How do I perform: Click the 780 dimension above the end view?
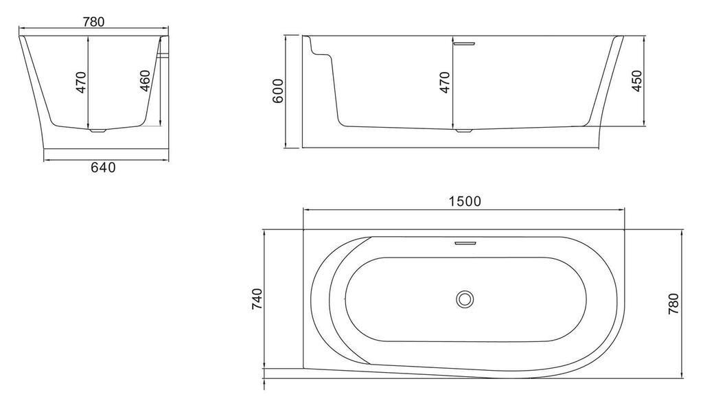[x=93, y=21]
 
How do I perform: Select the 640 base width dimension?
[x=103, y=168]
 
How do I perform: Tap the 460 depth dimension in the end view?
[x=144, y=81]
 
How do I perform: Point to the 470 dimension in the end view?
[x=81, y=82]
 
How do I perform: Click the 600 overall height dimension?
[x=278, y=91]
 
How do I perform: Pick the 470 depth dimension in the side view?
[x=444, y=82]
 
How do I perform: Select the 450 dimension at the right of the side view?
[x=636, y=81]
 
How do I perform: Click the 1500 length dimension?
[x=465, y=201]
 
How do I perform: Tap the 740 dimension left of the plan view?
[x=257, y=299]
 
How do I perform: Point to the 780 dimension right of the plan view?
[x=674, y=303]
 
